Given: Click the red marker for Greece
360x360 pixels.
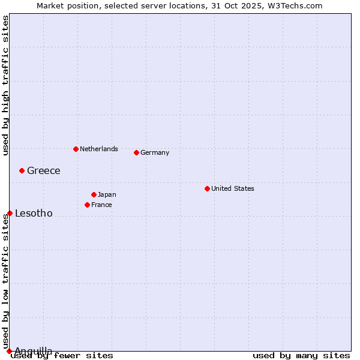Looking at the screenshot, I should click(22, 170).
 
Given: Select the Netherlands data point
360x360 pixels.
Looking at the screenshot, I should click(76, 149).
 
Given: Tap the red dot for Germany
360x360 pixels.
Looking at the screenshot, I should click(136, 152).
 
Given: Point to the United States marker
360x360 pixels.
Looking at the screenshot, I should click(207, 188).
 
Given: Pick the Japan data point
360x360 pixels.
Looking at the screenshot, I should click(94, 194).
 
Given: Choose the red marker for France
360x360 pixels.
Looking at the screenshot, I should click(87, 205).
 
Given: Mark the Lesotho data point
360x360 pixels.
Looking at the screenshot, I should click(10, 213).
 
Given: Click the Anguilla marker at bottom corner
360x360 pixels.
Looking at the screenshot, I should click(9, 351).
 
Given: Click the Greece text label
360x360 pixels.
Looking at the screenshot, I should click(44, 170).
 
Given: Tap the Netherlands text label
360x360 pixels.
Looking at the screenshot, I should click(99, 149).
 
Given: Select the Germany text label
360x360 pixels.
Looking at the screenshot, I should click(155, 152).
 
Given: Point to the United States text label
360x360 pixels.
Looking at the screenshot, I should click(233, 188).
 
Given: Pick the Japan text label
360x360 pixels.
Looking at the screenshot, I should click(107, 194).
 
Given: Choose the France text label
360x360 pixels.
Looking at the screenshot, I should click(101, 205).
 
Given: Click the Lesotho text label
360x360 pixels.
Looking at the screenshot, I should click(34, 213).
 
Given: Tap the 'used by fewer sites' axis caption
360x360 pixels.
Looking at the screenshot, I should click(62, 355).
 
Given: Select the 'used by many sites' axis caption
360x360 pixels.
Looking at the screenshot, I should click(301, 355).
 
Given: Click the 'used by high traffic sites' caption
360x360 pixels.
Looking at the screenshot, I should click(5, 85).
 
